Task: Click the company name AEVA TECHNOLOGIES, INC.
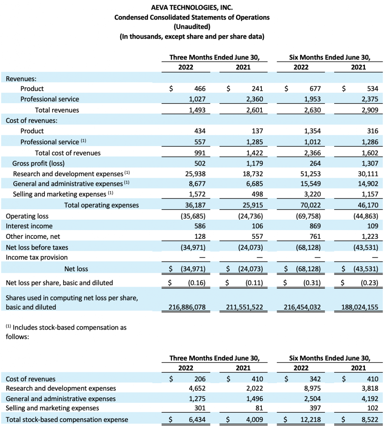pos(192,7)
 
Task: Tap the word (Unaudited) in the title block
pos(192,27)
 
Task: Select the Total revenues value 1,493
pos(197,110)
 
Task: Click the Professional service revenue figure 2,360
pos(255,99)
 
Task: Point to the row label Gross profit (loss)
pos(38,163)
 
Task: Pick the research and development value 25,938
pos(195,174)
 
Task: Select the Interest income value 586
pos(200,226)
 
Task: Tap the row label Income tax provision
pos(37,257)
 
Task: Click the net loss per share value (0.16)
pos(197,283)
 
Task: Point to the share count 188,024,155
pos(359,307)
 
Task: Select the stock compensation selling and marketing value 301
pos(200,408)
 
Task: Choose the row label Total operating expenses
pos(101,205)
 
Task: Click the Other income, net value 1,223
pos(369,236)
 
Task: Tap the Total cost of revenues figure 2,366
pos(312,153)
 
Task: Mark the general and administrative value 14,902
pos(368,184)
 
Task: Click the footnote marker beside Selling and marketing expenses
pos(111,193)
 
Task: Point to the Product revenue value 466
pos(200,89)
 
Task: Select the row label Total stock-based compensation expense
pos(67,420)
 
